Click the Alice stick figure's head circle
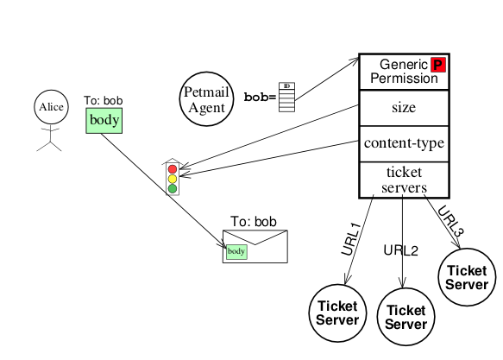(x=51, y=107)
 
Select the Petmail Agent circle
(x=206, y=98)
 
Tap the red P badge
(x=438, y=65)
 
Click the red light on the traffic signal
(x=173, y=168)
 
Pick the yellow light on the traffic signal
(x=173, y=179)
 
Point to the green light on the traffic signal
(x=173, y=189)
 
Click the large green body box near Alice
(x=104, y=121)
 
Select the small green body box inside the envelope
(x=236, y=251)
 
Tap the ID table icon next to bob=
(x=286, y=98)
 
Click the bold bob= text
(x=261, y=97)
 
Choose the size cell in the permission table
(x=404, y=108)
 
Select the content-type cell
(x=404, y=144)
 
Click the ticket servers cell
(x=404, y=180)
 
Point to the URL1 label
(x=351, y=239)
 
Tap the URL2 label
(x=400, y=250)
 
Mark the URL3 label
(x=450, y=221)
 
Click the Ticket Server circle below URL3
(x=467, y=277)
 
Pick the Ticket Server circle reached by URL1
(x=337, y=313)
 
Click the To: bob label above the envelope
(x=254, y=222)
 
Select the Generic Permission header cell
(x=404, y=72)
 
